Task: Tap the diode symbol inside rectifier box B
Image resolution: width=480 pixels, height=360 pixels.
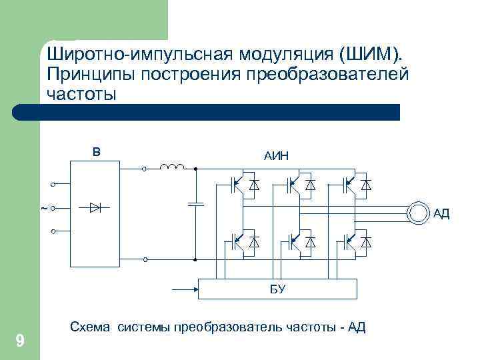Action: (x=95, y=208)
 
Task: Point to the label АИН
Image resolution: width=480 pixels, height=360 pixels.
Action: (x=276, y=156)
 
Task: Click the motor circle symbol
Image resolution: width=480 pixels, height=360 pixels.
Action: (x=418, y=213)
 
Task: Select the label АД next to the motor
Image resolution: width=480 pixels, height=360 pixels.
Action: (x=441, y=213)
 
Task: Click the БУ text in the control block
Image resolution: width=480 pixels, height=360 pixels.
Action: (x=278, y=288)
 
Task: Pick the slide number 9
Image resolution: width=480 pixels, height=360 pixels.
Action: (x=20, y=342)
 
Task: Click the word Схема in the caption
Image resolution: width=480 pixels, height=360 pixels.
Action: (x=91, y=327)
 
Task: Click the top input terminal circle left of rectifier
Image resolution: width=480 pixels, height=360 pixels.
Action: (x=53, y=184)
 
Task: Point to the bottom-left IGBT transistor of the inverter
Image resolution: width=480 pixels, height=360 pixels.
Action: (x=235, y=242)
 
